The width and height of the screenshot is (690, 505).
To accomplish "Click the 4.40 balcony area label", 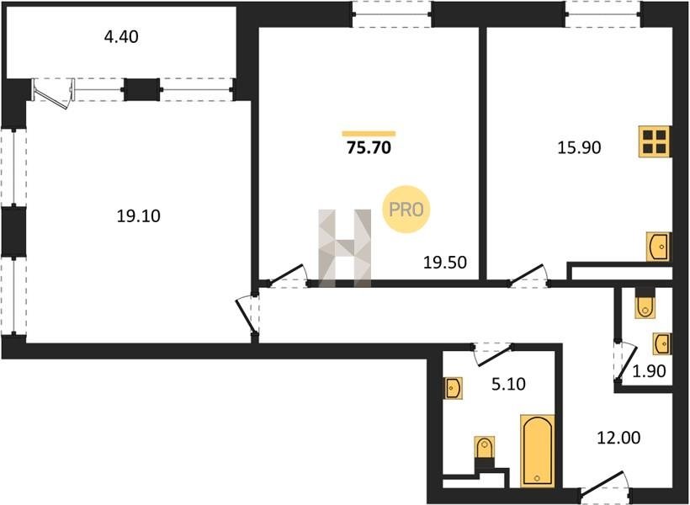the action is pos(121,37).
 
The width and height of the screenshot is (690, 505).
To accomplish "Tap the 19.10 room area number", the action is pos(139,216).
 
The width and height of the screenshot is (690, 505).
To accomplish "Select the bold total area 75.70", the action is pos(369,148).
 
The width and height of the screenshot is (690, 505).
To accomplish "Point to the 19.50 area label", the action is pos(444,263).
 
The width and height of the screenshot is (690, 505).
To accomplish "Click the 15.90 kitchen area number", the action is pos(579,148).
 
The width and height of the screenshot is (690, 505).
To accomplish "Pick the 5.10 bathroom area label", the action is pos(508,385).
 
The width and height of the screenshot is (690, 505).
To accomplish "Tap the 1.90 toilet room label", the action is pos(649,371).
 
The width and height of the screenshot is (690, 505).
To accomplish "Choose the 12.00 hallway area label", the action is pos(618,438).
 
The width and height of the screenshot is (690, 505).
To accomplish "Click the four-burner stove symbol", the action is pos(655,141).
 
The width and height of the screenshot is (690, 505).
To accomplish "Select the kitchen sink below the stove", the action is pos(658,247).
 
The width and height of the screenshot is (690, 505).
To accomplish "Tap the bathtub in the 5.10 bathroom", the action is pos(537,451).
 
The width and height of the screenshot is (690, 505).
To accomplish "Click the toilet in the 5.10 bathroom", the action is pos(484,452).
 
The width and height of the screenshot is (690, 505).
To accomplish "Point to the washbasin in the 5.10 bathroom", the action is pos(453,388).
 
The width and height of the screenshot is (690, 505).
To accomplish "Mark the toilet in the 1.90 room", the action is pos(645,303).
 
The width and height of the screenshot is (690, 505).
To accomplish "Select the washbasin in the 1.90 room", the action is pos(662,343).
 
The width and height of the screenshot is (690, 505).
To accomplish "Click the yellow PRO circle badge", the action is pos(406,210).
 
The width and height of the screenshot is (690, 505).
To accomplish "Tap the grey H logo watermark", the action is pos(344,248).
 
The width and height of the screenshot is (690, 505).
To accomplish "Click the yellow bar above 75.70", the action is pos(369,134).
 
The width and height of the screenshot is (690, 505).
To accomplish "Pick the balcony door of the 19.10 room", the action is pos(53,93).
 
